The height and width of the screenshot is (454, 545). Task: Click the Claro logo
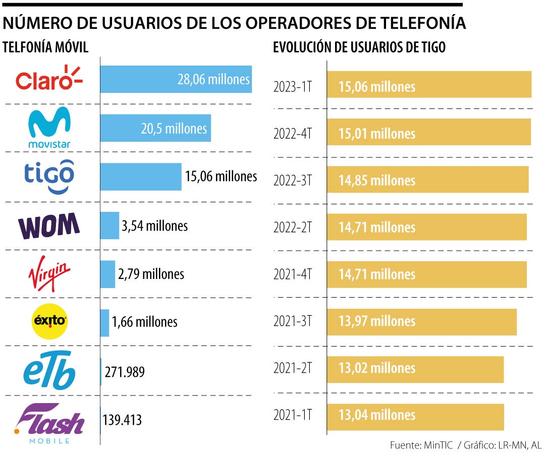tap(49, 79)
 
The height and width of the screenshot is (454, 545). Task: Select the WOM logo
tap(49, 225)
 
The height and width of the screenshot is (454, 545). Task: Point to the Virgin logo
tap(49, 275)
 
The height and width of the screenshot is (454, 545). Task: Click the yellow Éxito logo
tap(49, 321)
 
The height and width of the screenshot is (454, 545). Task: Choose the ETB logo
tap(49, 370)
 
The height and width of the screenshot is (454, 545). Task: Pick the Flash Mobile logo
tap(49, 423)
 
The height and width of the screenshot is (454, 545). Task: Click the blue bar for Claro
tap(176, 79)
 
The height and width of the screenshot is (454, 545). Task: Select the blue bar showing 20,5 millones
tap(155, 128)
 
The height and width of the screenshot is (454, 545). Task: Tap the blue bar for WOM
tap(110, 225)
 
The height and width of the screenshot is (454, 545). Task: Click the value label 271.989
tap(125, 372)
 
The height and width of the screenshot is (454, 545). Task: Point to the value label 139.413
tap(122, 420)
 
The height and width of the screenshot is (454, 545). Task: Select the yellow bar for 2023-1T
tap(429, 85)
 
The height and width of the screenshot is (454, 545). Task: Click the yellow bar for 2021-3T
tap(422, 322)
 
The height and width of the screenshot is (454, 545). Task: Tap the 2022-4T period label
tap(292, 134)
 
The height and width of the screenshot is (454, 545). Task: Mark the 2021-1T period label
tap(292, 415)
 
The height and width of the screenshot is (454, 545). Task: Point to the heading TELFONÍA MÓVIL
tap(46, 47)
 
